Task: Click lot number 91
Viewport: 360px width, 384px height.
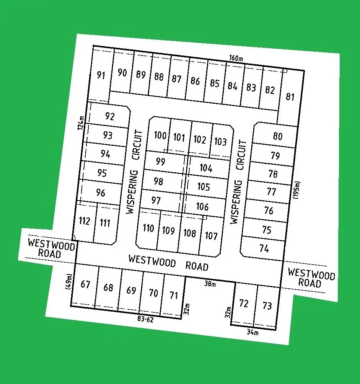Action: point(101,75)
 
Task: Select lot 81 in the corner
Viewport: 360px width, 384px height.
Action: point(290,96)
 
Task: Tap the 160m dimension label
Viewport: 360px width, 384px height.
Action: point(236,59)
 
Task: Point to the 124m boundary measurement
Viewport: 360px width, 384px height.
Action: point(81,122)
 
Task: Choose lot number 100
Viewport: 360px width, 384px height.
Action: point(160,135)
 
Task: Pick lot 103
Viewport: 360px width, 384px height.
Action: point(220,142)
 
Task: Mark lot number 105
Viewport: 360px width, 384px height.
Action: point(204,186)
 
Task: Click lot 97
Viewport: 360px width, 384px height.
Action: point(156,200)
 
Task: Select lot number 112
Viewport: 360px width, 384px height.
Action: point(84,221)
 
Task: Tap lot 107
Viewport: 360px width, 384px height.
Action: point(211,235)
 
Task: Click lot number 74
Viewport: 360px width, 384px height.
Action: point(264,248)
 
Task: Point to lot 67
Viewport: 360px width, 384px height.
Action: point(85,284)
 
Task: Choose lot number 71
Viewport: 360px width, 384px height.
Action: point(174,295)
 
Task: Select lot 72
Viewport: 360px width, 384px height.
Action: point(244,303)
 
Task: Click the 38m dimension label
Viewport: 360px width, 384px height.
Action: point(210,284)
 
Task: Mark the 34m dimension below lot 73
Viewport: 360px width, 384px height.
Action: point(252,332)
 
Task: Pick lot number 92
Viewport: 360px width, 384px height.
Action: point(109,116)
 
